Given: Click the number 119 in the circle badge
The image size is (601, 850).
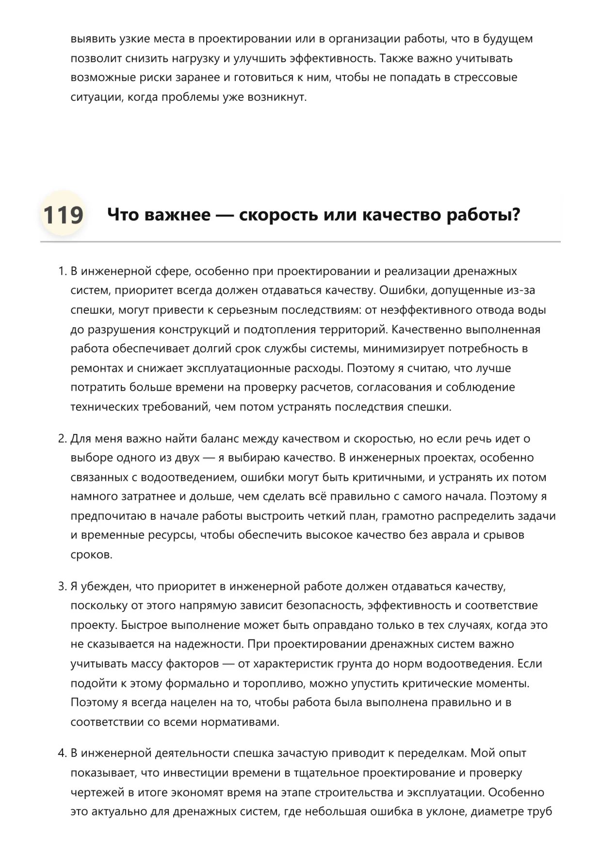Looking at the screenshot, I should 63,215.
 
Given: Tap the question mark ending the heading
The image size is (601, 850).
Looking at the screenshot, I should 516,214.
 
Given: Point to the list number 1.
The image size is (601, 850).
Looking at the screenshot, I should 61,271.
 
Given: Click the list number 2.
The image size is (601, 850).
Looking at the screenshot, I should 62,439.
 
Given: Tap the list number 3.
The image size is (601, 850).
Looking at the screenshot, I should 62,587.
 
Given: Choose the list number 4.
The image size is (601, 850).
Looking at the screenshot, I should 62,754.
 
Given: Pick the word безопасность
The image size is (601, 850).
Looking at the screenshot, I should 325,606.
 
